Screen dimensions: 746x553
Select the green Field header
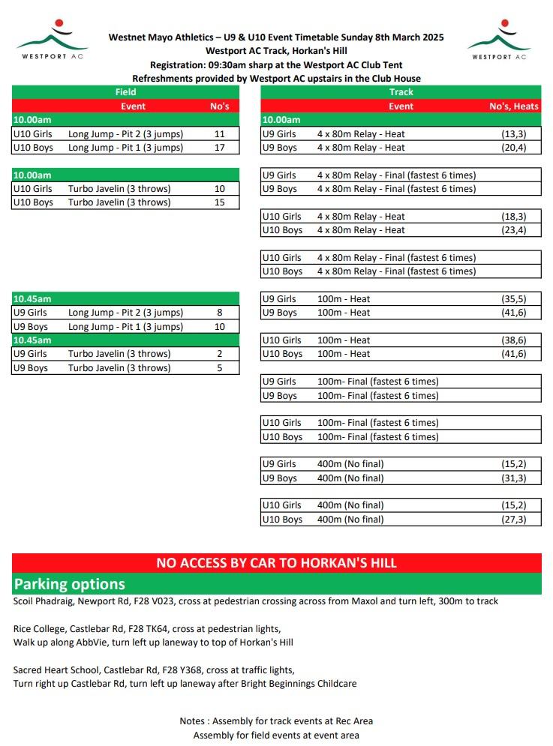tap(125, 92)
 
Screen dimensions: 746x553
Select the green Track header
tap(401, 92)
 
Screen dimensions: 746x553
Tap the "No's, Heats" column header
tap(514, 106)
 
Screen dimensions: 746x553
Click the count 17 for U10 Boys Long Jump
tap(220, 148)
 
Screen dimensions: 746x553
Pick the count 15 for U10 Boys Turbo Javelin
tap(220, 202)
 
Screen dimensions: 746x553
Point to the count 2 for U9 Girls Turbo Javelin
tap(220, 354)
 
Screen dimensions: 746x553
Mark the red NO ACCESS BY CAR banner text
tap(276, 563)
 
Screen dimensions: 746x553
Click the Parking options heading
tap(69, 584)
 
